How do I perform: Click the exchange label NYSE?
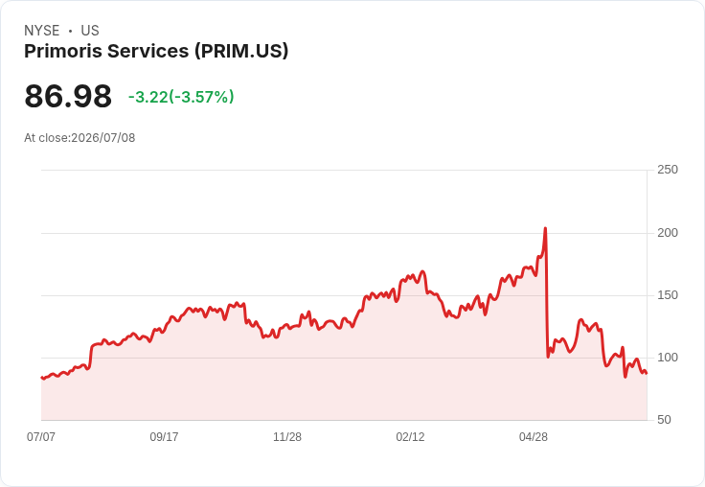pyautogui.click(x=42, y=31)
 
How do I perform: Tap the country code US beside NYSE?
pyautogui.click(x=90, y=31)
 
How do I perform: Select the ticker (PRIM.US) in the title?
pyautogui.click(x=241, y=51)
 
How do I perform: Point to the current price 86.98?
pyautogui.click(x=68, y=96)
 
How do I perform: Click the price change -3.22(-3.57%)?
pyautogui.click(x=181, y=97)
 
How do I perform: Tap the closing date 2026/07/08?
pyautogui.click(x=102, y=138)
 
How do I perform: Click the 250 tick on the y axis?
pyautogui.click(x=668, y=170)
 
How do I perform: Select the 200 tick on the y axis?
pyautogui.click(x=668, y=233)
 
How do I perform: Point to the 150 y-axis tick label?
pyautogui.click(x=668, y=295)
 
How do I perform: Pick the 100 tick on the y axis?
pyautogui.click(x=668, y=358)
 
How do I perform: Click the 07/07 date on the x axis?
pyautogui.click(x=41, y=436)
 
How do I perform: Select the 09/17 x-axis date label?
pyautogui.click(x=164, y=436)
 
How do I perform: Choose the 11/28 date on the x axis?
pyautogui.click(x=287, y=436)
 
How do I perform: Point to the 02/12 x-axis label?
pyautogui.click(x=410, y=436)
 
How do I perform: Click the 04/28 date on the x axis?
pyautogui.click(x=534, y=436)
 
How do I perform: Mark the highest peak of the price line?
pyautogui.click(x=545, y=228)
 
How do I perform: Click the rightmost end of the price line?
pyautogui.click(x=647, y=373)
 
